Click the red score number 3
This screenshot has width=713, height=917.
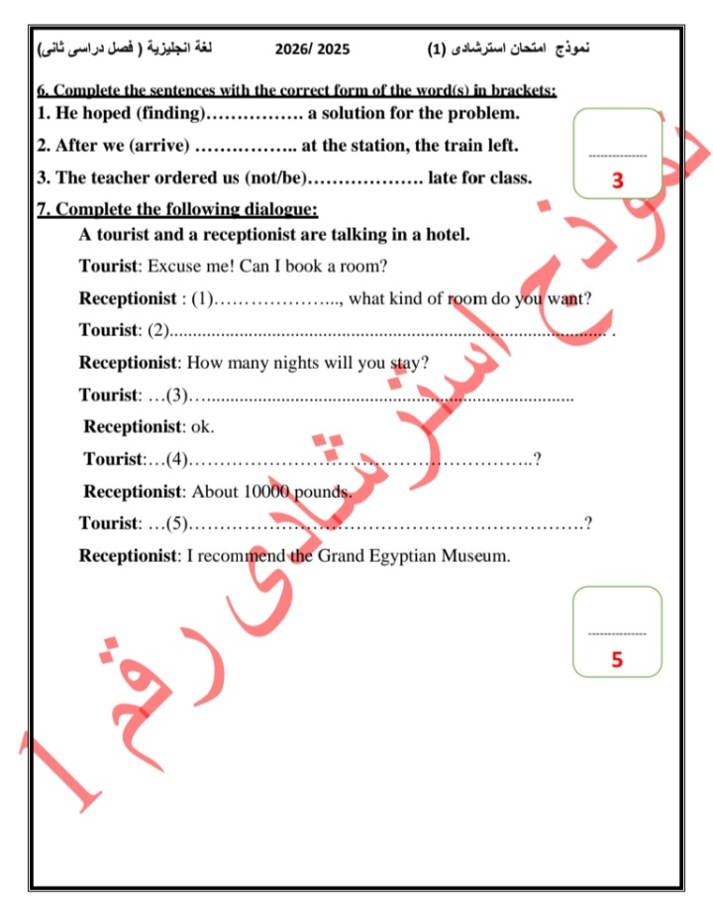[617, 181]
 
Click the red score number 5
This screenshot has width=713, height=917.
[617, 659]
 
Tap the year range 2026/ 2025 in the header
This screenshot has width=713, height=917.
[313, 49]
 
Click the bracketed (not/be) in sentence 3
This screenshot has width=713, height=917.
[281, 178]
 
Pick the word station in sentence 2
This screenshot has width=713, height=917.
[372, 146]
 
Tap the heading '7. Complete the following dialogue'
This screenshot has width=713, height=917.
[178, 209]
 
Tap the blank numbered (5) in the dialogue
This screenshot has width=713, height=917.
[386, 523]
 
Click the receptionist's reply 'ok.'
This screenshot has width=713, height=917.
[202, 427]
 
